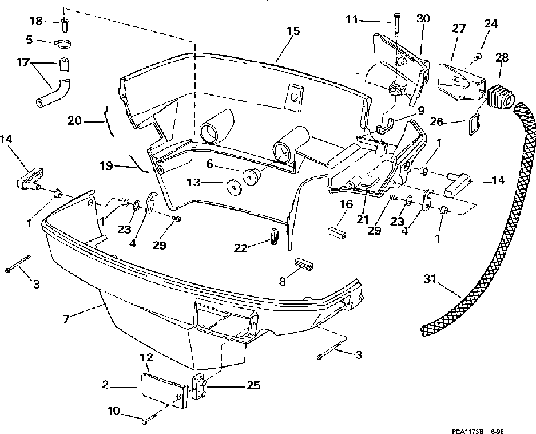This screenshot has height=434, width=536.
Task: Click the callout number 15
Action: (x=293, y=31)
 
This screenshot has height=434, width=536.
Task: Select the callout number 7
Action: (x=67, y=318)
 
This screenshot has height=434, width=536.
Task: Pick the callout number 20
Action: (x=75, y=120)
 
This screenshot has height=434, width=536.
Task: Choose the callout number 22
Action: (x=241, y=247)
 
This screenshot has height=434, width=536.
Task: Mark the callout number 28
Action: (x=501, y=58)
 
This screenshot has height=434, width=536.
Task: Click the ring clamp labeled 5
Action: (x=63, y=42)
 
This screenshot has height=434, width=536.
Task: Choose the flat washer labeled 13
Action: (x=233, y=187)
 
